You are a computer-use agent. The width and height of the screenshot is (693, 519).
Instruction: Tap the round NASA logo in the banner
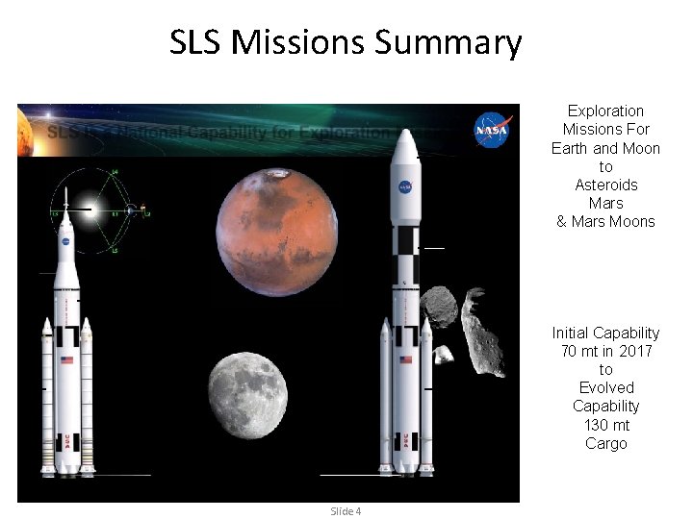click(x=492, y=130)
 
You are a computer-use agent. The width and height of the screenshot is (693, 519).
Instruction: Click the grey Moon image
click(x=247, y=395)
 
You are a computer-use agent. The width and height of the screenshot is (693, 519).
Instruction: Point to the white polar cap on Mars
click(x=279, y=174)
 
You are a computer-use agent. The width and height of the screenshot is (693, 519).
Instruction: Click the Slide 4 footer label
click(x=346, y=510)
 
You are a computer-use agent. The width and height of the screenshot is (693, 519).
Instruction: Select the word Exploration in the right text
click(x=605, y=111)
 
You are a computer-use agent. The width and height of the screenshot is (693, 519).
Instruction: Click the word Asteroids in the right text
click(x=605, y=185)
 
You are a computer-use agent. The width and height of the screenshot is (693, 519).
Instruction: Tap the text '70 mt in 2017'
click(x=605, y=351)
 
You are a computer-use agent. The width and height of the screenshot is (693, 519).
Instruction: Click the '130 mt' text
click(x=605, y=425)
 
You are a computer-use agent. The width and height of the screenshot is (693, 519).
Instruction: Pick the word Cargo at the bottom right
click(x=605, y=443)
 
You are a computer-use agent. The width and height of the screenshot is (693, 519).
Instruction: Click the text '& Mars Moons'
click(x=605, y=221)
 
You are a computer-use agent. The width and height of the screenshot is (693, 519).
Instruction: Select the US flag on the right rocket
click(x=405, y=359)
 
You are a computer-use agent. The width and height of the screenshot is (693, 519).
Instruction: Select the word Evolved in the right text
click(x=605, y=387)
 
